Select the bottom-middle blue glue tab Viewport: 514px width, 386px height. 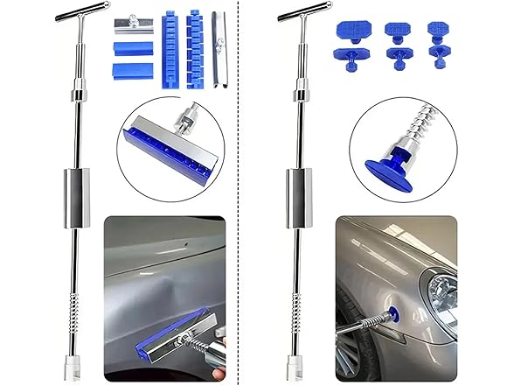coord(399,60)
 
